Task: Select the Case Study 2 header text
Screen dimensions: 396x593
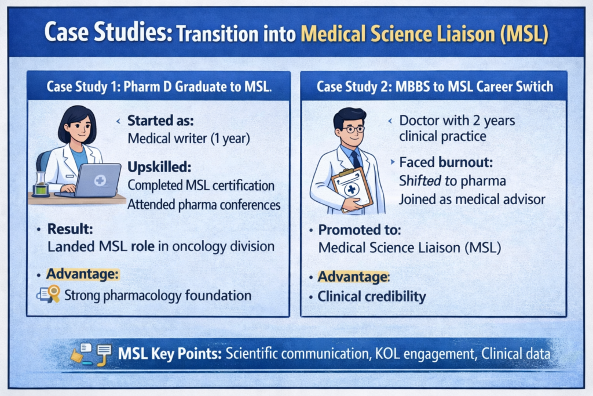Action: tap(434, 87)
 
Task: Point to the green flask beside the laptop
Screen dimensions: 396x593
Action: tap(39, 184)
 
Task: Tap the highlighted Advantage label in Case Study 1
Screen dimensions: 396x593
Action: tap(83, 273)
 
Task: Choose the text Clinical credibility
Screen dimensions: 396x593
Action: tap(371, 297)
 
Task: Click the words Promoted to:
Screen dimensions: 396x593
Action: tap(359, 230)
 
